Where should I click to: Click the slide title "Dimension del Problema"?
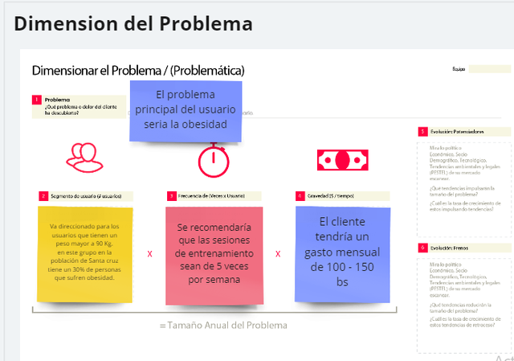133,23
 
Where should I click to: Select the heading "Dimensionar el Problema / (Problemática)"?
137,70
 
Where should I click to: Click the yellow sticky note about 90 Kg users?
84,252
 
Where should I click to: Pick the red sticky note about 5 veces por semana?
214,253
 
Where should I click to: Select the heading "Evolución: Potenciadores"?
457,131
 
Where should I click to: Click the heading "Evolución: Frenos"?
450,248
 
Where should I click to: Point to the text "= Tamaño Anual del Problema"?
222,325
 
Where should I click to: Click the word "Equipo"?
459,69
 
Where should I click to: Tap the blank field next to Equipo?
489,69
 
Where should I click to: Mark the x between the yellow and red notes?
149,253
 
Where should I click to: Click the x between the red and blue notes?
278,253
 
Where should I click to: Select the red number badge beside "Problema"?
37,100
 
